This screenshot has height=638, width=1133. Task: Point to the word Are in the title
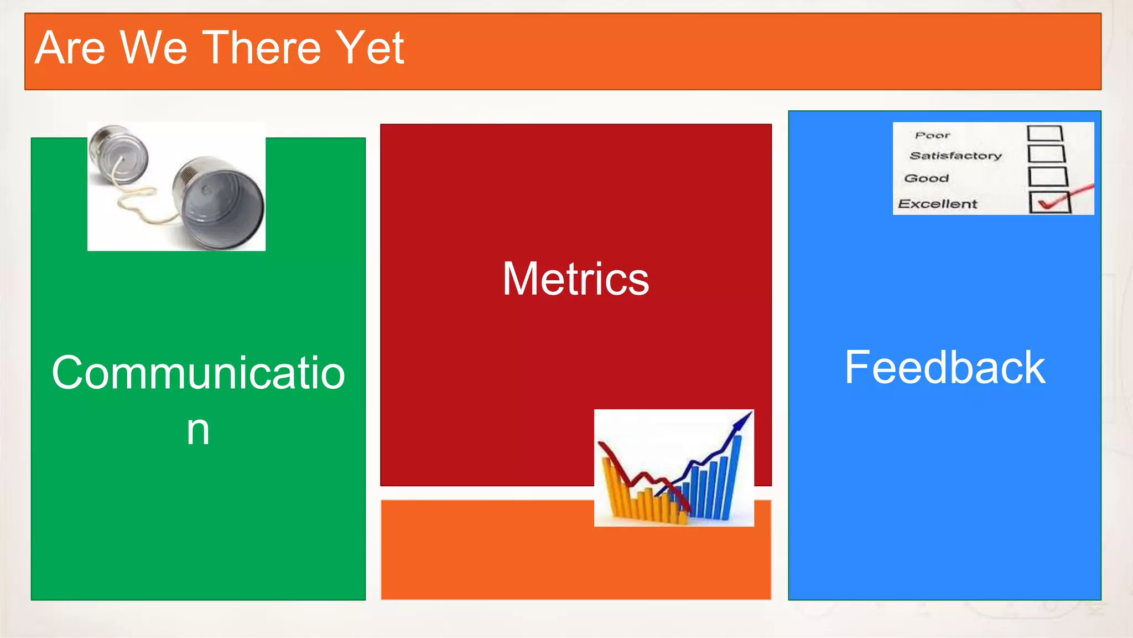coord(70,48)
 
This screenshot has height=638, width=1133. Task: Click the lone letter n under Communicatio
coord(198,430)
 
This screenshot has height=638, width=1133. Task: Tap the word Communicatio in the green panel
coord(198,373)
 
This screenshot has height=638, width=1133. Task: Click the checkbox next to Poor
coord(1044,133)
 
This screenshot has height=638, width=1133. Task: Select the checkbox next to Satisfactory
coord(1046,153)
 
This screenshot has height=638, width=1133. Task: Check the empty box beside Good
coord(1047,177)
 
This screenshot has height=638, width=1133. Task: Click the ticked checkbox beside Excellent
coord(1049,202)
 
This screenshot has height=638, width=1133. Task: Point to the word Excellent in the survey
coord(937,204)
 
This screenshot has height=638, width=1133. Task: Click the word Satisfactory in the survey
coord(955,156)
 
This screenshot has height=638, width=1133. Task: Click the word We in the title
coord(153,48)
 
